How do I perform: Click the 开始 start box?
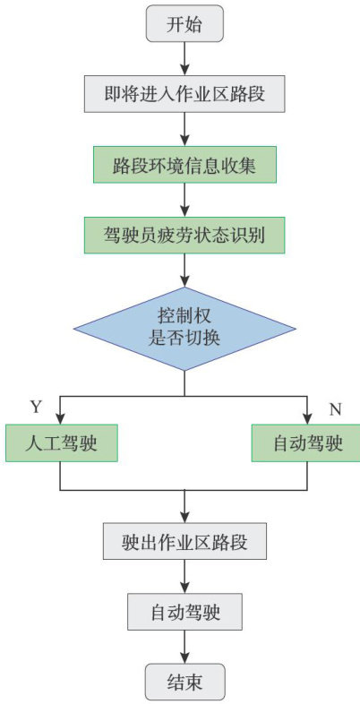184,24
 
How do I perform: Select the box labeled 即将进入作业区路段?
184,94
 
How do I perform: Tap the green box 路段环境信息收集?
184,164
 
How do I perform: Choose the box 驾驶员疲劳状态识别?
184,235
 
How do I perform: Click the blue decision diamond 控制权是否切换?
184,329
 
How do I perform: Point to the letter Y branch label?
36,408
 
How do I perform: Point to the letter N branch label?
335,409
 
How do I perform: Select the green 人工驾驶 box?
62,442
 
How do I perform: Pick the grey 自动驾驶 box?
184,611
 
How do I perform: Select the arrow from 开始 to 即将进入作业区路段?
184,59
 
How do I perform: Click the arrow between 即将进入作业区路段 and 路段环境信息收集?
184,129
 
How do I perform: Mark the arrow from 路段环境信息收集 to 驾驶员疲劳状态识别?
184,200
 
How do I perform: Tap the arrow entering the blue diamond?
184,270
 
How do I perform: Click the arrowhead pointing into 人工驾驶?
61,418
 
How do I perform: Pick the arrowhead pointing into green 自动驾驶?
307,418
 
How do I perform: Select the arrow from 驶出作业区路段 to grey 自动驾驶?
184,577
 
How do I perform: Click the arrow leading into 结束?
184,647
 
